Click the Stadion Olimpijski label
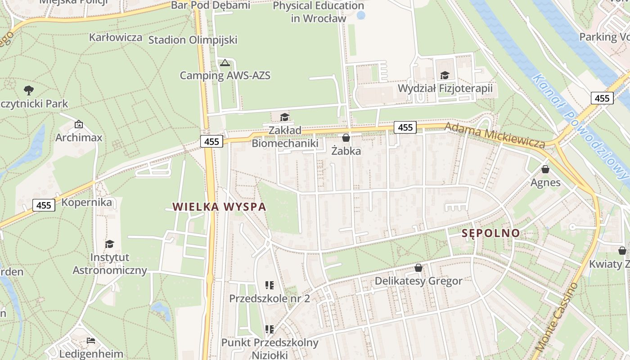pyautogui.click(x=193, y=40)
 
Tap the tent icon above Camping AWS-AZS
pyautogui.click(x=225, y=63)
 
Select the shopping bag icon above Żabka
pyautogui.click(x=346, y=138)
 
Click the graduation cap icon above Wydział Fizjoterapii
pyautogui.click(x=445, y=75)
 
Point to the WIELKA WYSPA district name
pyautogui.click(x=220, y=207)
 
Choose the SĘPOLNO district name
pyautogui.click(x=490, y=233)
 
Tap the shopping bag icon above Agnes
pyautogui.click(x=545, y=169)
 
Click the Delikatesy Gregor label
pyautogui.click(x=418, y=281)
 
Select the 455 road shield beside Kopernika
pyautogui.click(x=44, y=205)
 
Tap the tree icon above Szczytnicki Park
pyautogui.click(x=29, y=90)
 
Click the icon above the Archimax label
pyautogui.click(x=79, y=124)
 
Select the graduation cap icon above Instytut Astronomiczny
pyautogui.click(x=109, y=244)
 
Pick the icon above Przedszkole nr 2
pyautogui.click(x=270, y=285)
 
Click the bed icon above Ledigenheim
pyautogui.click(x=91, y=341)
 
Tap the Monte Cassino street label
pyautogui.click(x=557, y=317)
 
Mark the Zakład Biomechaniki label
pyautogui.click(x=285, y=137)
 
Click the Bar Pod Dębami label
pyautogui.click(x=211, y=5)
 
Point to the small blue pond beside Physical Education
pyautogui.click(x=361, y=15)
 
